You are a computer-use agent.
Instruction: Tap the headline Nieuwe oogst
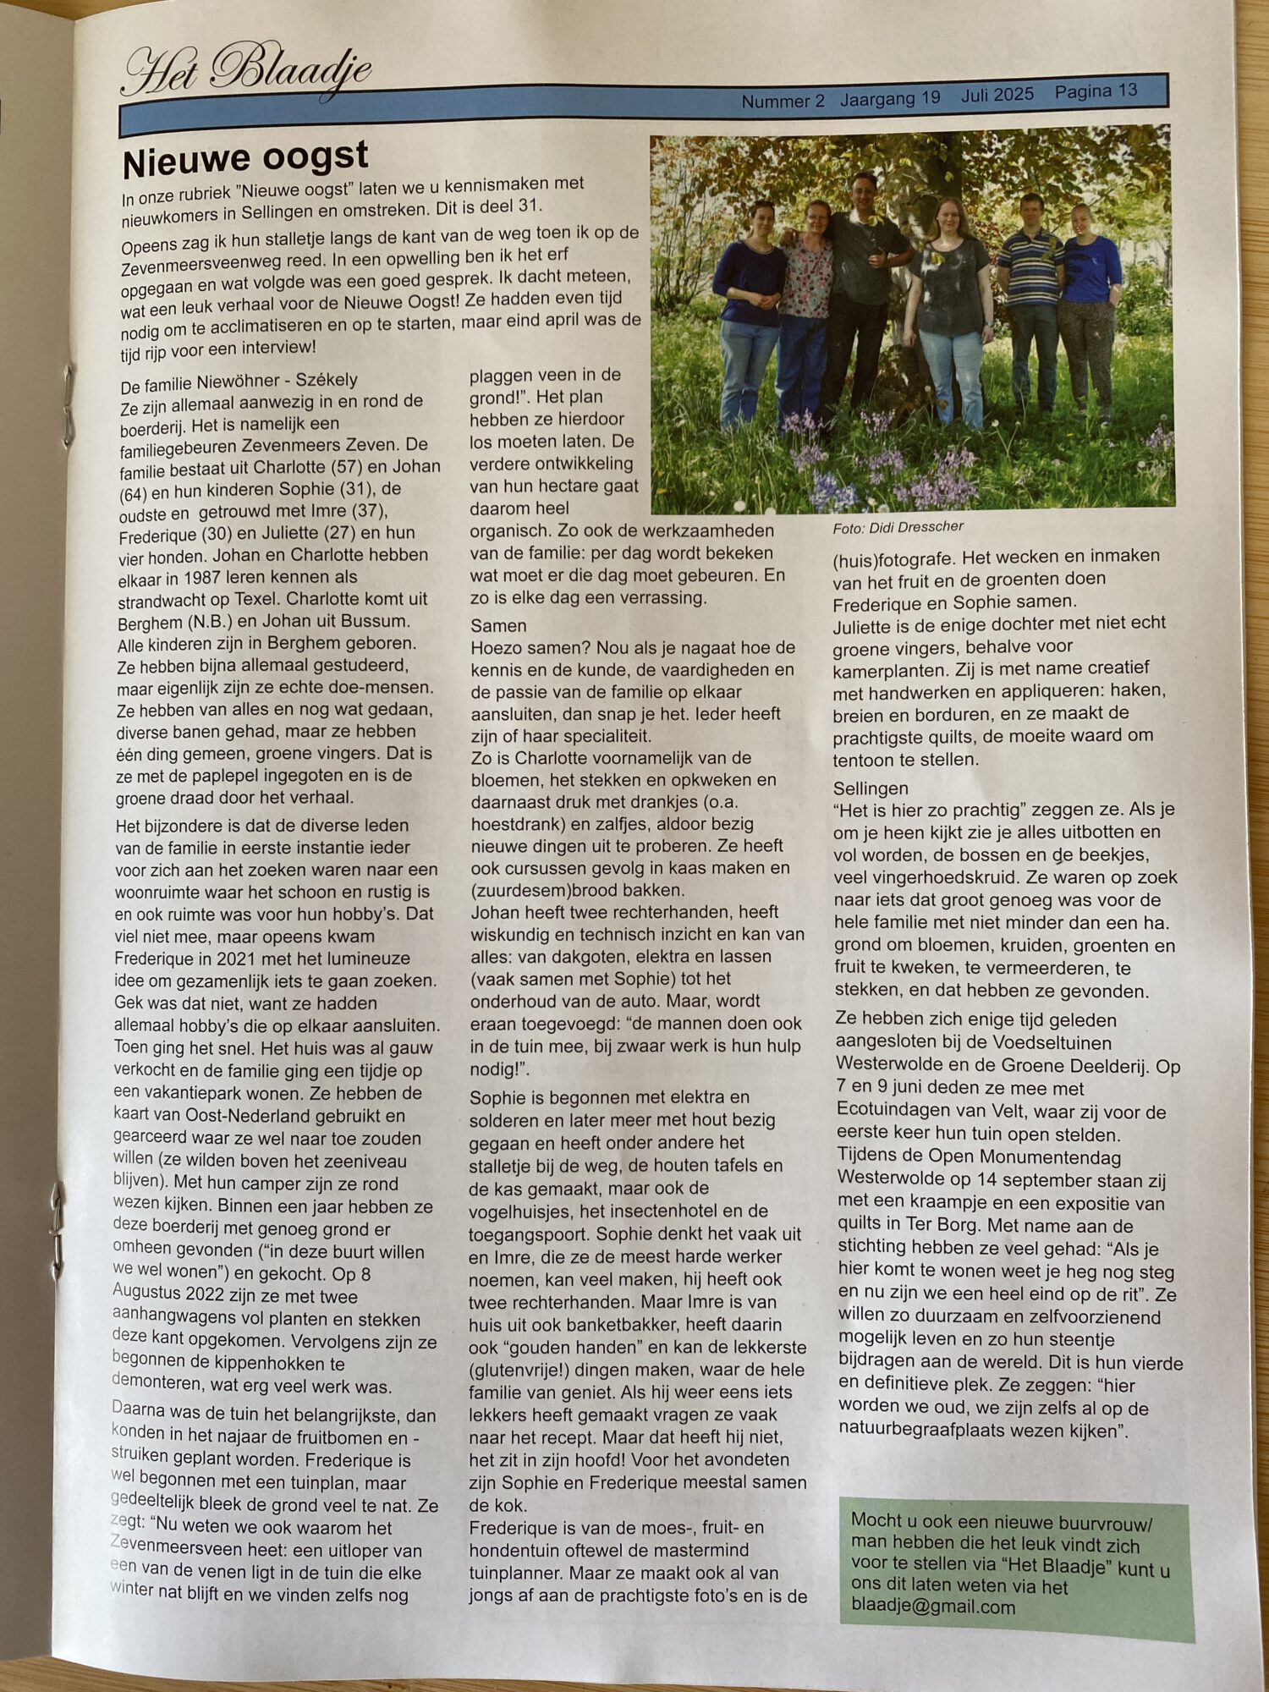coord(245,158)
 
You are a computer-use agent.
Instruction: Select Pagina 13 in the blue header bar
coord(1096,91)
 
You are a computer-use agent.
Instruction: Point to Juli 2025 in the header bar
coord(997,95)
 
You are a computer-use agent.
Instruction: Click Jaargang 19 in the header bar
coord(890,98)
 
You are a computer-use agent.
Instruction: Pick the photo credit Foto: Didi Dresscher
coord(898,527)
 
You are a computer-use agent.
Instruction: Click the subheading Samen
coord(498,626)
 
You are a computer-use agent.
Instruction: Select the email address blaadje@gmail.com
coord(933,1607)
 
